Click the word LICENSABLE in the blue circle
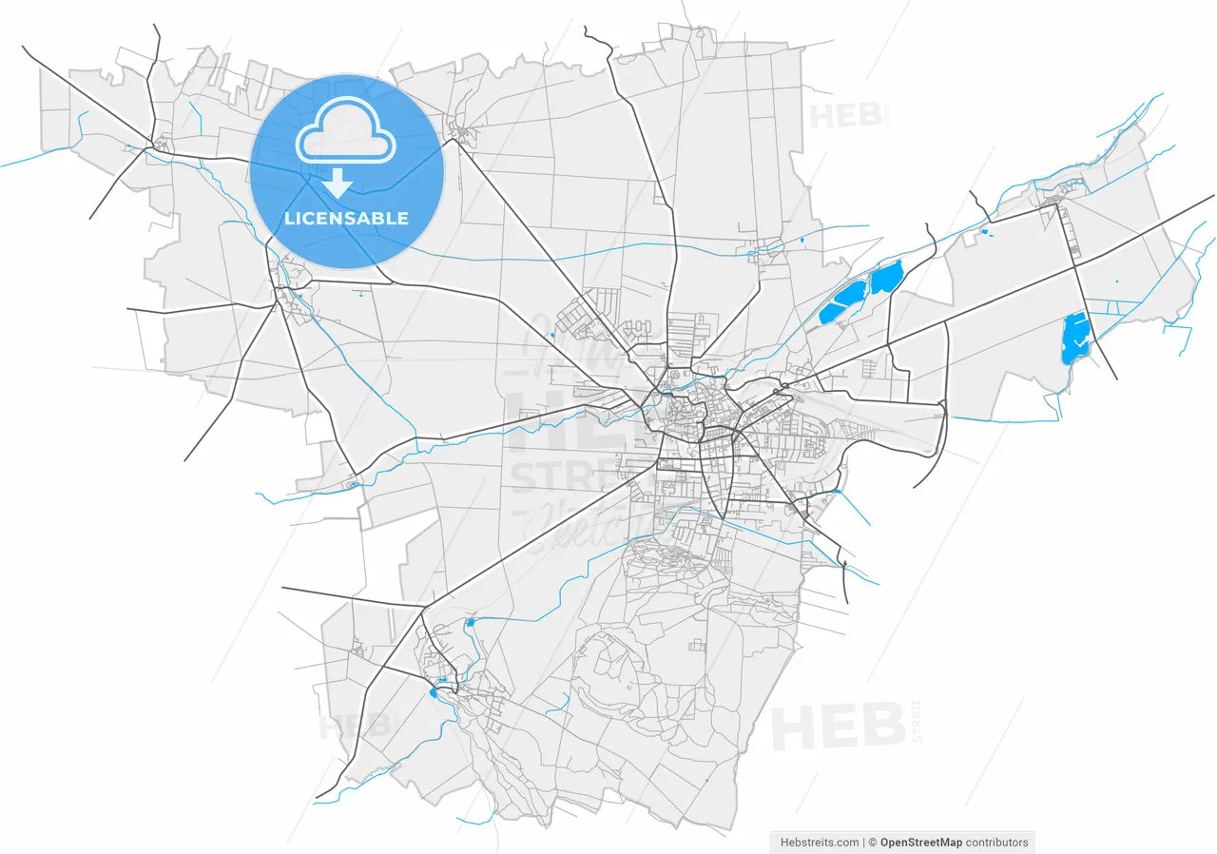click(x=346, y=219)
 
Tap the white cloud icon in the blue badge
click(x=346, y=140)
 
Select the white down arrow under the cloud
click(x=338, y=183)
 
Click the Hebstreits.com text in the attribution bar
click(x=820, y=843)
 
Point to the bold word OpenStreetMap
click(x=920, y=843)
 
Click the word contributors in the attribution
click(x=997, y=843)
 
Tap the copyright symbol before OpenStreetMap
click(x=872, y=843)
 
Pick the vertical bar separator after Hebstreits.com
click(x=863, y=843)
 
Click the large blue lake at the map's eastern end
click(x=1074, y=338)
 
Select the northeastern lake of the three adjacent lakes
click(x=886, y=277)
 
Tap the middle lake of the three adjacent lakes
click(x=853, y=291)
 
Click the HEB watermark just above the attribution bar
click(x=837, y=727)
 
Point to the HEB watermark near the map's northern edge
click(x=835, y=116)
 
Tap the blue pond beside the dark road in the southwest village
click(x=435, y=692)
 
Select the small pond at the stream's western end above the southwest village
click(x=470, y=623)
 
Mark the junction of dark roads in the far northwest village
click(x=152, y=146)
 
